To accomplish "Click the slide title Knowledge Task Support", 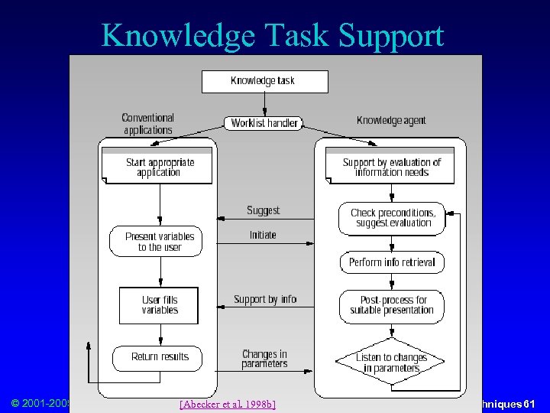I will coord(272,35).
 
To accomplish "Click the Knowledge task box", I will coord(264,81).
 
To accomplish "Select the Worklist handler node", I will coord(264,122).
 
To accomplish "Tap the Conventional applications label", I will coord(148,124).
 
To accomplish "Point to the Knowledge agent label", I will coord(391,120).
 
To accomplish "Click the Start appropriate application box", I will coord(160,167).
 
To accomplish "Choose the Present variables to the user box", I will coord(160,242).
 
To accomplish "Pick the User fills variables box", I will coord(159,305).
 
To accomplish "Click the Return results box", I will coord(160,357).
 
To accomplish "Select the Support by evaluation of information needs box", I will coord(391,167).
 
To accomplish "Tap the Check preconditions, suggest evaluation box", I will coord(393,218).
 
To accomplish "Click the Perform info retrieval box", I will coord(392,262).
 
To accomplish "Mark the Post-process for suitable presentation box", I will coord(392,305).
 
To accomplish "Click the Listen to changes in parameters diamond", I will coord(392,363).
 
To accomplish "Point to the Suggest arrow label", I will coord(264,210).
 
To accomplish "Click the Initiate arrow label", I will coord(263,235).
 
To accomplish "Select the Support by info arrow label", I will coord(265,299).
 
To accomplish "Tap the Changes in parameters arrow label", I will coord(264,359).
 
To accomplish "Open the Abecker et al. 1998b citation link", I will coord(227,403).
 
